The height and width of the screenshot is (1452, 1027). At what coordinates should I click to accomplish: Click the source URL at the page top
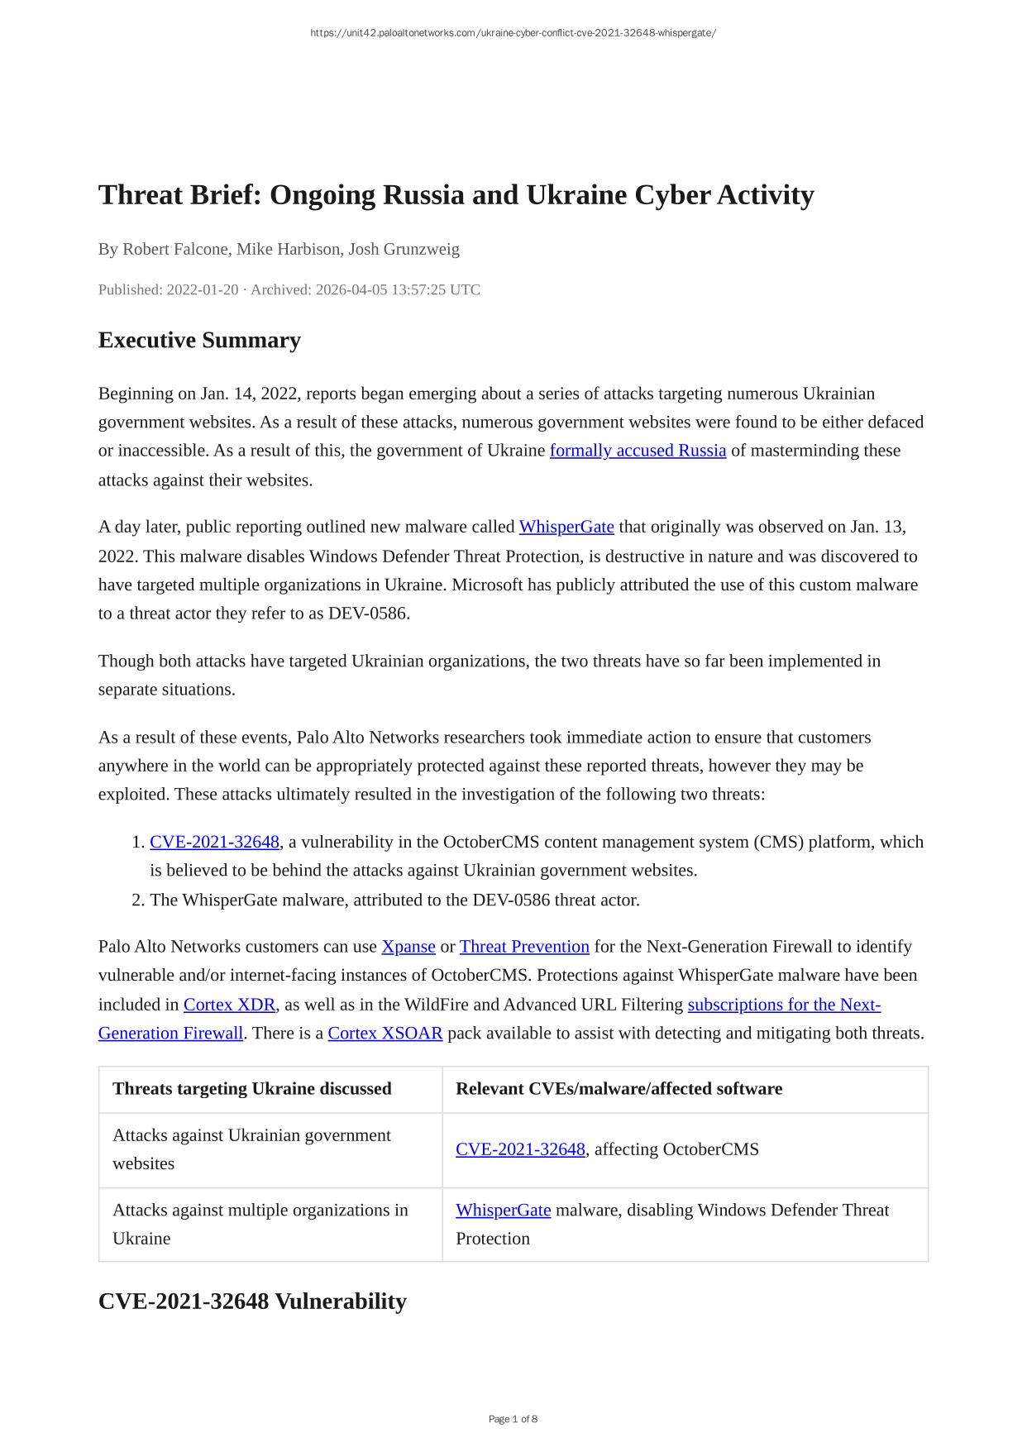pyautogui.click(x=513, y=33)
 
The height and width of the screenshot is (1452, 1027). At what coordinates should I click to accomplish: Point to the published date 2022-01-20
pyautogui.click(x=202, y=289)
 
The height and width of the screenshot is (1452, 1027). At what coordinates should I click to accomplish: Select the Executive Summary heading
pyautogui.click(x=199, y=340)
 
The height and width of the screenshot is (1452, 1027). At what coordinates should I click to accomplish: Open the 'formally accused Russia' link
pyautogui.click(x=638, y=451)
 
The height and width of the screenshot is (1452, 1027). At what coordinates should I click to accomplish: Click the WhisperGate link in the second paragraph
pyautogui.click(x=566, y=527)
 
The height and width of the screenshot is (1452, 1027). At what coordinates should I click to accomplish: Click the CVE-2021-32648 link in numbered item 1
pyautogui.click(x=214, y=842)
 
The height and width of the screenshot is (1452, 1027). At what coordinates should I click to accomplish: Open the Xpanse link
pyautogui.click(x=408, y=946)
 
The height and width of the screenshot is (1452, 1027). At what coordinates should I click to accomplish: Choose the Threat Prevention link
pyautogui.click(x=524, y=946)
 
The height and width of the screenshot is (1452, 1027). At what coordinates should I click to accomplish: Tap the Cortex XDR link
pyautogui.click(x=229, y=1005)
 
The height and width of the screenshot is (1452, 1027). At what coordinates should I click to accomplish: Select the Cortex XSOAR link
pyautogui.click(x=385, y=1033)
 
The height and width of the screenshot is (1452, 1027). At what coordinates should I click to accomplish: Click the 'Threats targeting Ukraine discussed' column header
pyautogui.click(x=252, y=1088)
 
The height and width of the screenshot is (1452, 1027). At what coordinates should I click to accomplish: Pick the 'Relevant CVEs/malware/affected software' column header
pyautogui.click(x=619, y=1088)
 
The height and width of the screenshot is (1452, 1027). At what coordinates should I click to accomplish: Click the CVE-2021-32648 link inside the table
pyautogui.click(x=520, y=1149)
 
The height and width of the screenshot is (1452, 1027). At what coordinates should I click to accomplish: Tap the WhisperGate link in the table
pyautogui.click(x=503, y=1210)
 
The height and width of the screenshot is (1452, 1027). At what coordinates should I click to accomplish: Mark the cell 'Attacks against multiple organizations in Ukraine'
pyautogui.click(x=260, y=1224)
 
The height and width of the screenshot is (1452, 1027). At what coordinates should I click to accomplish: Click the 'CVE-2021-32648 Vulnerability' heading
pyautogui.click(x=252, y=1301)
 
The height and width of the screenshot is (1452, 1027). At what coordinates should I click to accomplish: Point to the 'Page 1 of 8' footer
pyautogui.click(x=513, y=1419)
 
